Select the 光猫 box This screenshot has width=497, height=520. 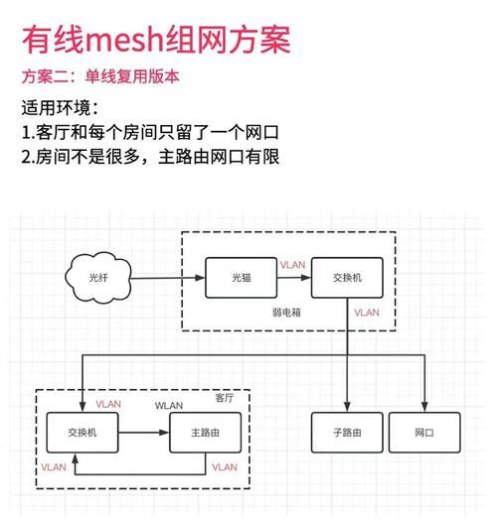pyautogui.click(x=242, y=278)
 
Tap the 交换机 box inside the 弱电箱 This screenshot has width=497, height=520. pyautogui.click(x=347, y=278)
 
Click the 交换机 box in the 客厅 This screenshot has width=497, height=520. pyautogui.click(x=83, y=433)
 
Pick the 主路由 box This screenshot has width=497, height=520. pyautogui.click(x=206, y=433)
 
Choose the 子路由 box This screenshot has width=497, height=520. pyautogui.click(x=347, y=433)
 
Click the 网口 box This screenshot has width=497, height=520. pyautogui.click(x=424, y=433)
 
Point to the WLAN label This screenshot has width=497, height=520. pyautogui.click(x=169, y=406)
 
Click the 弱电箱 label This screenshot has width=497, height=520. pyautogui.click(x=286, y=313)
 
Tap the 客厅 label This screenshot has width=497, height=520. pyautogui.click(x=225, y=398)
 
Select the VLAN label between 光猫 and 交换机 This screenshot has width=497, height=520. pyautogui.click(x=292, y=265)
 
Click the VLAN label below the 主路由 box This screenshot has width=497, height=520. pyautogui.click(x=225, y=467)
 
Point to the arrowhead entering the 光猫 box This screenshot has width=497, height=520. pyautogui.click(x=200, y=278)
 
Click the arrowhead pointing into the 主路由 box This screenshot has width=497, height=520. pyautogui.click(x=164, y=433)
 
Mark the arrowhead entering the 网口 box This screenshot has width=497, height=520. pyautogui.click(x=424, y=407)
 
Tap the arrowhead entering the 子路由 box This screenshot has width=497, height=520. pyautogui.click(x=347, y=407)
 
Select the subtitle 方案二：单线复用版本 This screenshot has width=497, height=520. pyautogui.click(x=100, y=77)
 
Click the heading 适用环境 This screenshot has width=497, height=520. pyautogui.click(x=57, y=108)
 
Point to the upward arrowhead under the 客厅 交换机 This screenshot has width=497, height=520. pyautogui.click(x=76, y=458)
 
